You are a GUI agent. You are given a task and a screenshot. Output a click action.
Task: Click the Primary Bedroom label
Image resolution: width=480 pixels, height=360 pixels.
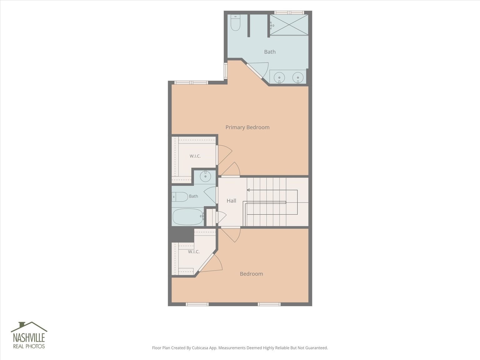(247, 127)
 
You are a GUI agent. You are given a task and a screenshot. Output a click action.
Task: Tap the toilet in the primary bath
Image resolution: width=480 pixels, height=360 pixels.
(236, 22)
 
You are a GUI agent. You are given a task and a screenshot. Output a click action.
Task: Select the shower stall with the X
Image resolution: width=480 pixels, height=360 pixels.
(289, 25)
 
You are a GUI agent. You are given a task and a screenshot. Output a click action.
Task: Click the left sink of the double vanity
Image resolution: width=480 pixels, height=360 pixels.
(279, 77)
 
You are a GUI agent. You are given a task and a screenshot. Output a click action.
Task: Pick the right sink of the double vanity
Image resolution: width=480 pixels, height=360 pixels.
(298, 77)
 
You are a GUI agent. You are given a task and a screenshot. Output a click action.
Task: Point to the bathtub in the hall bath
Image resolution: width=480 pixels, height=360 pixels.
(188, 217)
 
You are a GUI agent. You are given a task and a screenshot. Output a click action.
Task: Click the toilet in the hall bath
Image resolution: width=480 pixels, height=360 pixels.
(180, 197)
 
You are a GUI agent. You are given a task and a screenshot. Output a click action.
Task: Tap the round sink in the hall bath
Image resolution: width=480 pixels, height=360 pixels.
(205, 176)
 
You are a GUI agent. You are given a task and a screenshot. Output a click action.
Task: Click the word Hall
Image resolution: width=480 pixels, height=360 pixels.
(231, 201)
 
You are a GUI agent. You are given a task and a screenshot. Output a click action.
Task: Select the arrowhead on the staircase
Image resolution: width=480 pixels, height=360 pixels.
(248, 190)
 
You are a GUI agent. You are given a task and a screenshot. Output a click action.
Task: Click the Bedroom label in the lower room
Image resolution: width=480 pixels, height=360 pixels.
(251, 274)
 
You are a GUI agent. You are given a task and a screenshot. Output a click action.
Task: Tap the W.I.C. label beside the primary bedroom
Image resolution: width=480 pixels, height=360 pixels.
(195, 156)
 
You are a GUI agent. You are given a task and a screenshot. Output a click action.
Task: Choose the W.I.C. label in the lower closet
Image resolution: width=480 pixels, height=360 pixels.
(194, 252)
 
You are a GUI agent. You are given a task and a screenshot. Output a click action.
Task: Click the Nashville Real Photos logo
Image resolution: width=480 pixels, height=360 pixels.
(29, 335)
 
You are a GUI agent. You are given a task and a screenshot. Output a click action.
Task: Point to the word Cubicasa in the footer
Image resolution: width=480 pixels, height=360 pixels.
(200, 348)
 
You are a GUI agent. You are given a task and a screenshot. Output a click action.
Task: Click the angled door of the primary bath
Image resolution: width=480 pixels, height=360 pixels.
(255, 71)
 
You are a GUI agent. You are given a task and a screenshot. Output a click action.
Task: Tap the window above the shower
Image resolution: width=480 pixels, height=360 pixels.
(289, 12)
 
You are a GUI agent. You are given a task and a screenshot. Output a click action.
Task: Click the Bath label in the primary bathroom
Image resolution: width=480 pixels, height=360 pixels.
(270, 52)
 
